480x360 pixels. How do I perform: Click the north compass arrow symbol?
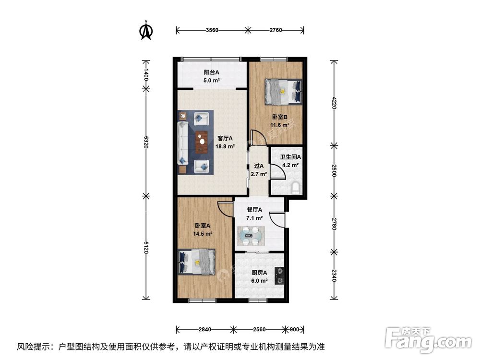click(x=146, y=30)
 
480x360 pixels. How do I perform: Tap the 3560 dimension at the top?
click(x=212, y=30)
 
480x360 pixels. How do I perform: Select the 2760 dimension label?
click(x=276, y=30)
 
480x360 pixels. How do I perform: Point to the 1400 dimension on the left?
click(x=146, y=74)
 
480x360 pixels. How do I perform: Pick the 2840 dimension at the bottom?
click(x=204, y=330)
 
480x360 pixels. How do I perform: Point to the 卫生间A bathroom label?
click(x=290, y=157)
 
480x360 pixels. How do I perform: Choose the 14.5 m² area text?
click(x=203, y=234)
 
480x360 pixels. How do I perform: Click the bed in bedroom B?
click(x=284, y=91)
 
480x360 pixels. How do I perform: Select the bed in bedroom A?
click(x=197, y=262)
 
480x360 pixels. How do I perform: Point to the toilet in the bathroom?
click(x=296, y=188)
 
